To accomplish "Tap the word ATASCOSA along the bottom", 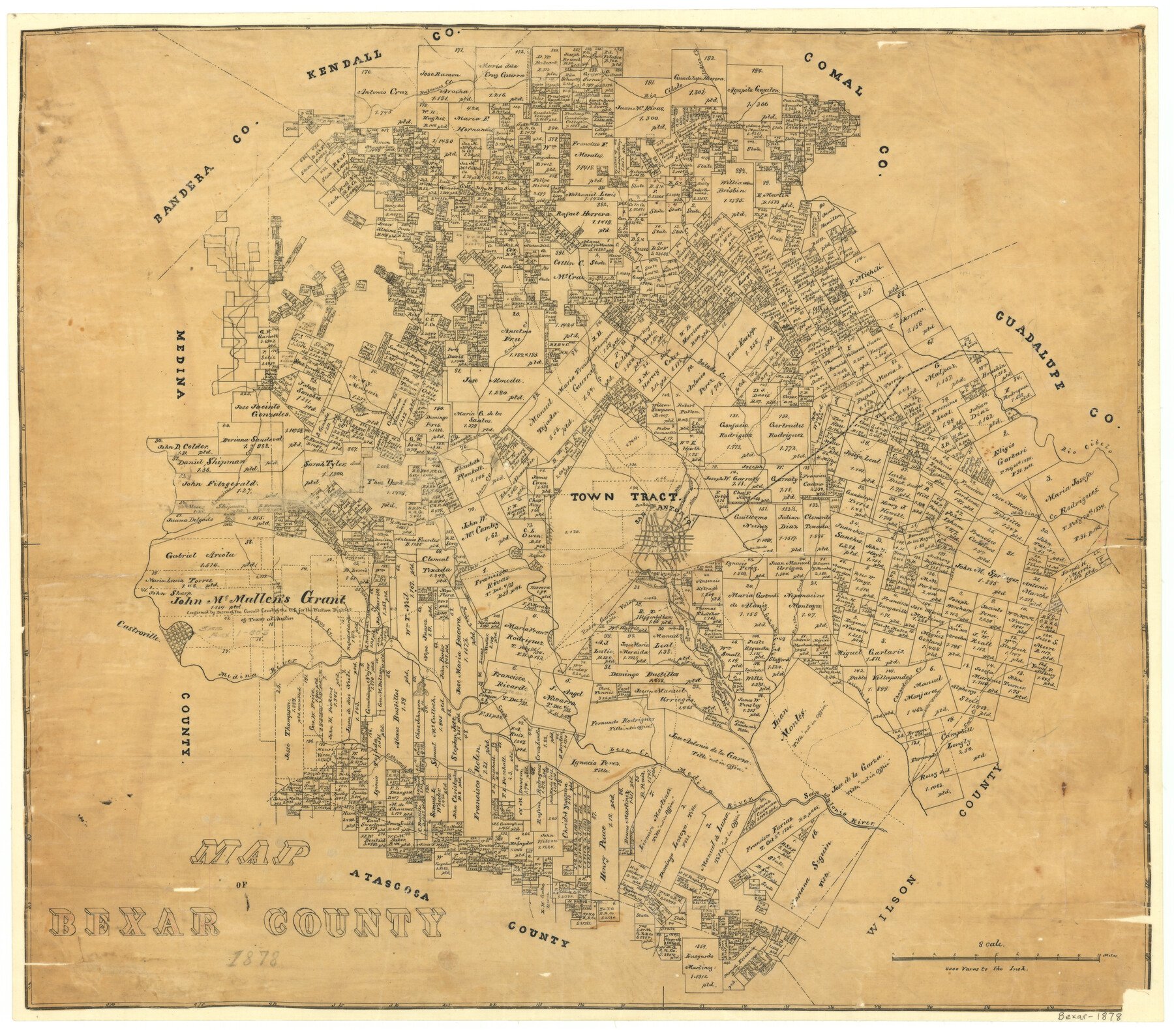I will point(390,884).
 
